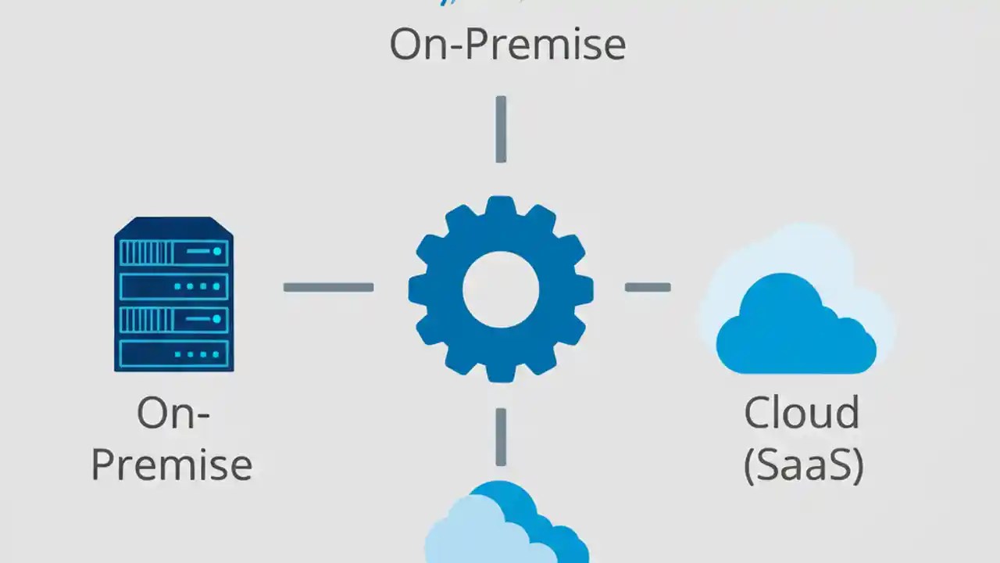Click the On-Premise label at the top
[x=507, y=45]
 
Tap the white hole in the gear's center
[x=501, y=288]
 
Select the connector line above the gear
[x=501, y=129]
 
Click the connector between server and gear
[x=328, y=288]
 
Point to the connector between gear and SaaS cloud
[x=648, y=288]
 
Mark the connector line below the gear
[x=501, y=436]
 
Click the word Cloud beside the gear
[x=802, y=413]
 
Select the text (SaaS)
[x=803, y=464]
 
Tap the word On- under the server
[x=173, y=413]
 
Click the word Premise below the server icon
[x=172, y=464]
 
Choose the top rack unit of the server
[x=173, y=253]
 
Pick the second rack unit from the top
[x=173, y=286]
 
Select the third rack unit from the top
[x=173, y=319]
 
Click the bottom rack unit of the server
[x=173, y=353]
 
